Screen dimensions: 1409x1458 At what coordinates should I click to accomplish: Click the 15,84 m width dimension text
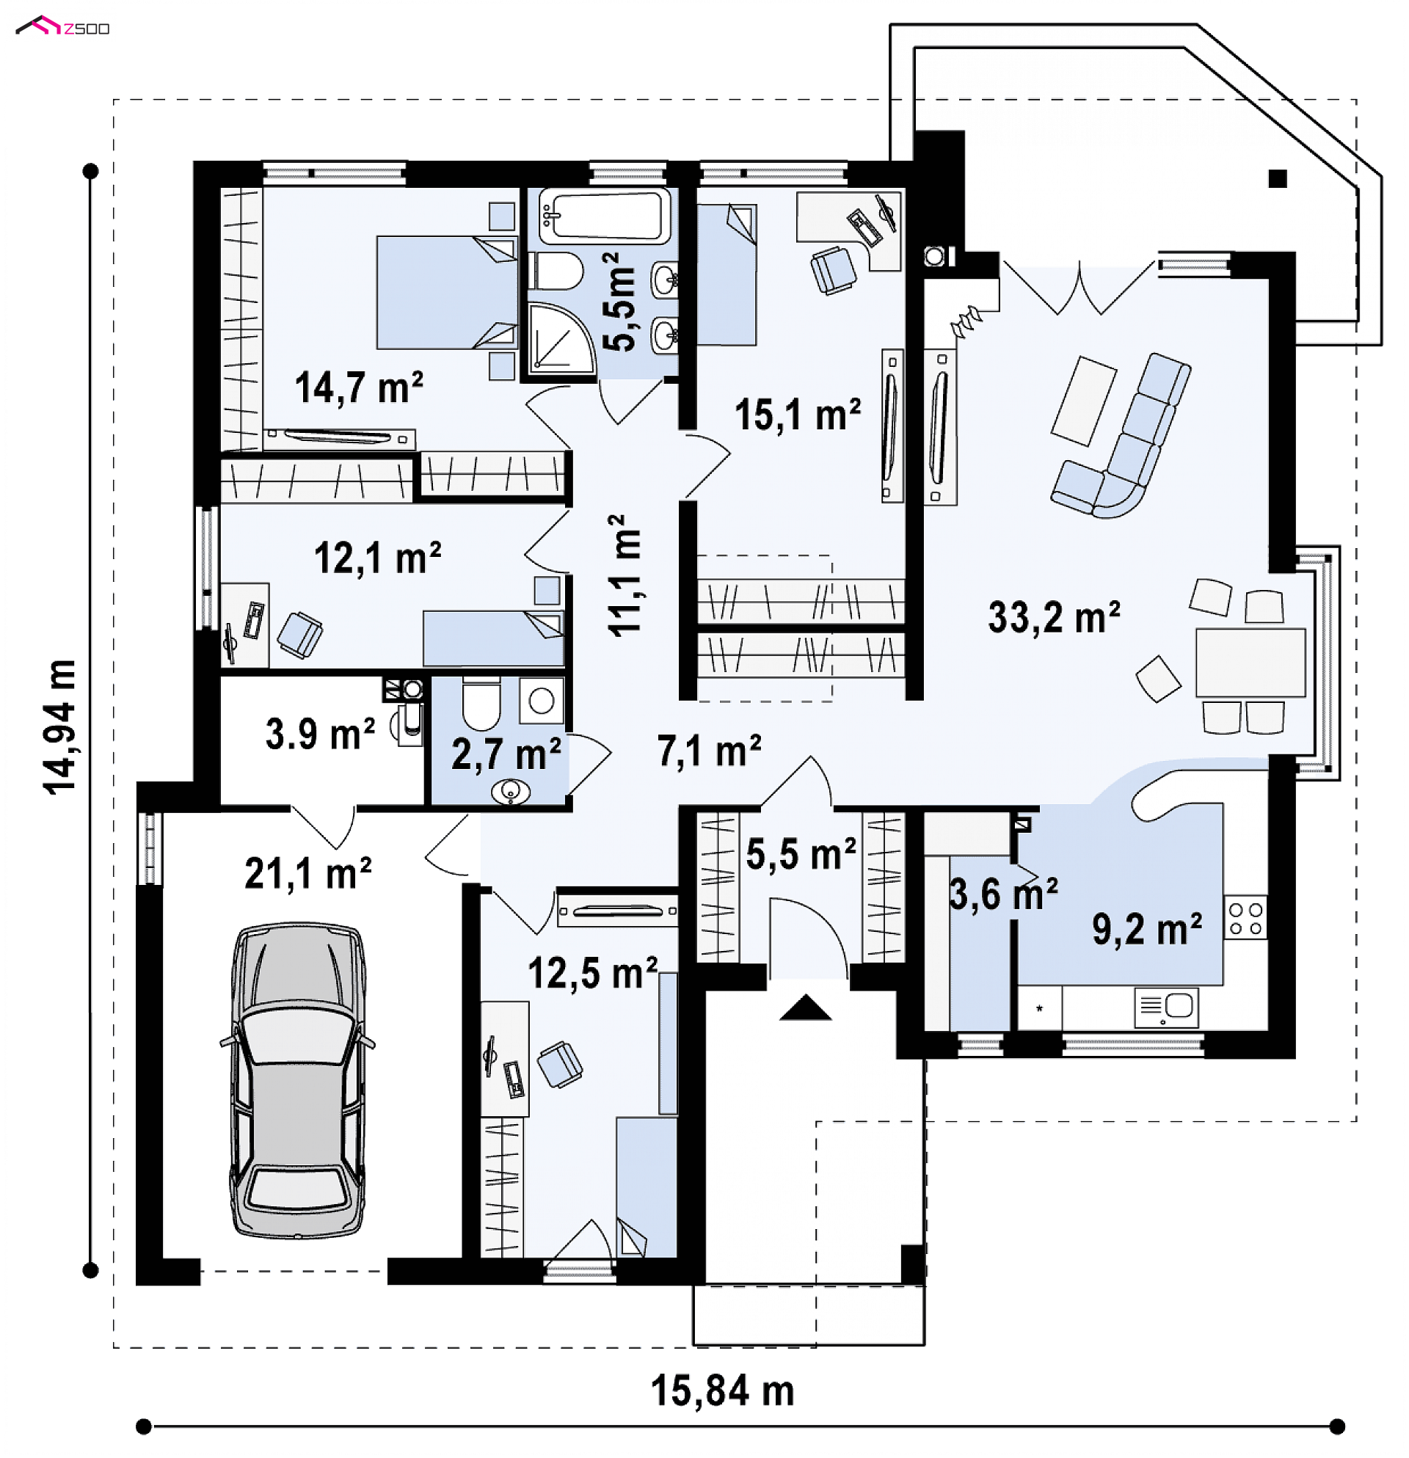click(722, 1391)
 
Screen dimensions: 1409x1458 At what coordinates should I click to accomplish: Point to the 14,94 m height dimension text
click(60, 727)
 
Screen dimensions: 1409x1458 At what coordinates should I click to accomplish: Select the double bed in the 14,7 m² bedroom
click(446, 292)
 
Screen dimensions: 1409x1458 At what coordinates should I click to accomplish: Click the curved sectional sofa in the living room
click(1124, 439)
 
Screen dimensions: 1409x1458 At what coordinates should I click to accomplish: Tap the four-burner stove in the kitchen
click(1245, 917)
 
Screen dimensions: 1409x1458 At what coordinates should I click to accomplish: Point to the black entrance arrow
click(806, 1008)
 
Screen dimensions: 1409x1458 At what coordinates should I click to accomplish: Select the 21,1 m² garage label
click(308, 872)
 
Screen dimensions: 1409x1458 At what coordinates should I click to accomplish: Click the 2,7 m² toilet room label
click(506, 754)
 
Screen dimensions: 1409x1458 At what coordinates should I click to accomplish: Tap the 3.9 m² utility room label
click(320, 734)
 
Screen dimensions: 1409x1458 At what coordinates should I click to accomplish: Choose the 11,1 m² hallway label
click(625, 575)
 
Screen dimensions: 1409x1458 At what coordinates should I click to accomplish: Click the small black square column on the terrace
click(1278, 178)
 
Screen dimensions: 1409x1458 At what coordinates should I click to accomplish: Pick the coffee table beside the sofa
click(1084, 401)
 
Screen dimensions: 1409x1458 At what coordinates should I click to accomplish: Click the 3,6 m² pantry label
click(1004, 894)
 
